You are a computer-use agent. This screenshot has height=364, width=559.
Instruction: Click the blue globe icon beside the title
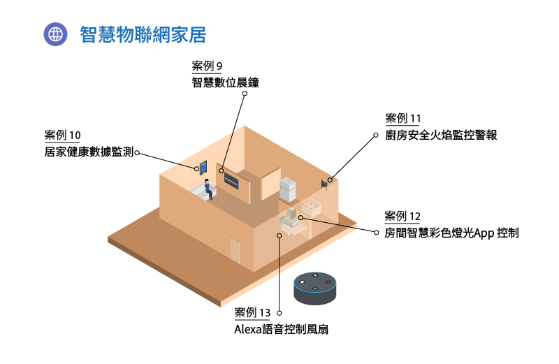click(x=55, y=34)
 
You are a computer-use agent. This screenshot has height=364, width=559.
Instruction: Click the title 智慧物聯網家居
click(x=143, y=34)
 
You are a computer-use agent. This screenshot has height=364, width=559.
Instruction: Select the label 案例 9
click(x=207, y=66)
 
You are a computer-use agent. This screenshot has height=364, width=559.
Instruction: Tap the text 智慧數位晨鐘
click(x=225, y=82)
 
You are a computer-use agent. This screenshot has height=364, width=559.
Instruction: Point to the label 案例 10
click(x=62, y=135)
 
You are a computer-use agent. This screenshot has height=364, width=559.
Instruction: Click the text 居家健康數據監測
click(x=88, y=151)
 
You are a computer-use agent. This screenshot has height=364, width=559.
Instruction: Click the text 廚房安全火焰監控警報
click(x=441, y=135)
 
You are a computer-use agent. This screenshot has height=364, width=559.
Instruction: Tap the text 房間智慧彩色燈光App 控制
click(x=451, y=233)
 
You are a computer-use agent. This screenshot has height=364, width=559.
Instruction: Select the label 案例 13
click(x=252, y=312)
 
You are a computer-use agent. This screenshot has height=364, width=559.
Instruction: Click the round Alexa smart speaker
click(x=315, y=287)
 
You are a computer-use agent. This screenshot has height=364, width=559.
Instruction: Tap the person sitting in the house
click(x=208, y=187)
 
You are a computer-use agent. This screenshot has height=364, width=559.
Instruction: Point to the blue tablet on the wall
click(x=203, y=167)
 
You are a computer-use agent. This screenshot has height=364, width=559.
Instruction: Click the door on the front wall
click(x=235, y=249)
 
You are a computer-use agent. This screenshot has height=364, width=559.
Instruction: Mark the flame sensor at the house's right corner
click(x=325, y=184)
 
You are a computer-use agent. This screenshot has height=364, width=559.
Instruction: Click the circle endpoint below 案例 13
click(x=279, y=235)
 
